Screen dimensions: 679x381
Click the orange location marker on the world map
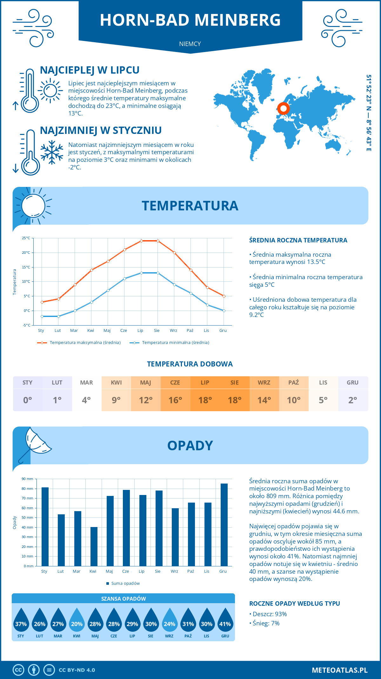283,109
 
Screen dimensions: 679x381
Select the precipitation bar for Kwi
94,546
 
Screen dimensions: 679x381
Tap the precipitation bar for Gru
224,525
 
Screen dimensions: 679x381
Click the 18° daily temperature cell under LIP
205,400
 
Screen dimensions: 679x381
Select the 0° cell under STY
28,400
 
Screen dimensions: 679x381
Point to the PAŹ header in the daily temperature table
293,383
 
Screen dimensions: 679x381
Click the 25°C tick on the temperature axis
26,238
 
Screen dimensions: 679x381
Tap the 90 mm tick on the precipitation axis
28,479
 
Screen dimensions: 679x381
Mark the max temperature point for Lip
141,241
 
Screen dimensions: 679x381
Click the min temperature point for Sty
42,316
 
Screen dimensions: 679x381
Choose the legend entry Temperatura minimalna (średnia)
175,343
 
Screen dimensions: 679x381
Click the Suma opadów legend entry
125,583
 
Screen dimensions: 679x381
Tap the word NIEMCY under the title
190,44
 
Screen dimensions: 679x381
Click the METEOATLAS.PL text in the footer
339,670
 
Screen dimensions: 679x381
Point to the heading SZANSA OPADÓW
124,599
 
